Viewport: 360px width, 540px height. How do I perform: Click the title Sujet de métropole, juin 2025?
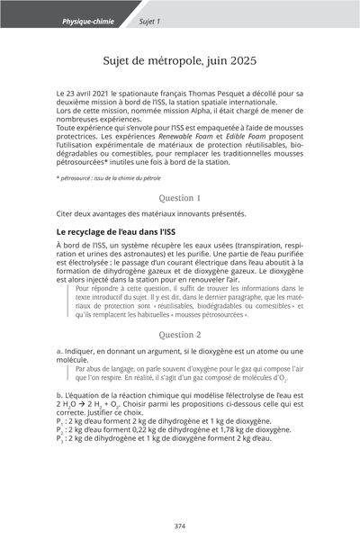tap(179, 60)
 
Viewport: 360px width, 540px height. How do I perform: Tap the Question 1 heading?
tap(179, 196)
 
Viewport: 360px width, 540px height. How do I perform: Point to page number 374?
tap(180, 526)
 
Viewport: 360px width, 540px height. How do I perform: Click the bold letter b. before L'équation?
tap(59, 395)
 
